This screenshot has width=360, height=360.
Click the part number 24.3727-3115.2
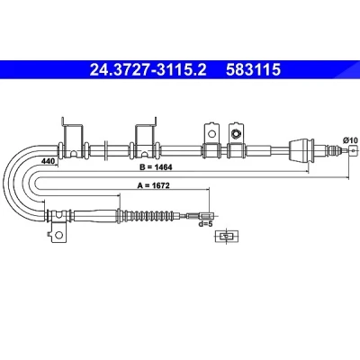pyautogui.click(x=148, y=69)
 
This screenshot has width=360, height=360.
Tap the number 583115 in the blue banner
pyautogui.click(x=253, y=69)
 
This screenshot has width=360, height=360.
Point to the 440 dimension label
pyautogui.click(x=48, y=161)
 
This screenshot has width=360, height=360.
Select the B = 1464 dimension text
pyautogui.click(x=156, y=167)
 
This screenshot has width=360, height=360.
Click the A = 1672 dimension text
pyautogui.click(x=153, y=185)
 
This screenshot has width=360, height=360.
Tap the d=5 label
pyautogui.click(x=205, y=223)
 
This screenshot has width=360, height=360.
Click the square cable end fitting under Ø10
pyautogui.click(x=354, y=150)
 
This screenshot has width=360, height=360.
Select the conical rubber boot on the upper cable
pyautogui.click(x=301, y=150)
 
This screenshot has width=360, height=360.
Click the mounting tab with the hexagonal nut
pyautogui.click(x=236, y=133)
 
